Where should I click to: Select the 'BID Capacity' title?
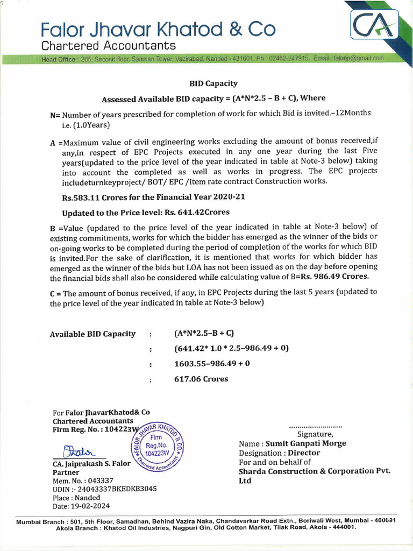click(213, 83)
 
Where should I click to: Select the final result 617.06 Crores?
click(201, 379)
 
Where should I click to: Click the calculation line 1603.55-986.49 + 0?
click(212, 364)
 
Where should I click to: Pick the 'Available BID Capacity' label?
click(92, 334)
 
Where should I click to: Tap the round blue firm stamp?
click(158, 446)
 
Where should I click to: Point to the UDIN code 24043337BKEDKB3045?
click(117, 489)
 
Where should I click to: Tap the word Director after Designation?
click(304, 453)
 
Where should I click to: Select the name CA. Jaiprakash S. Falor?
click(91, 463)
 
